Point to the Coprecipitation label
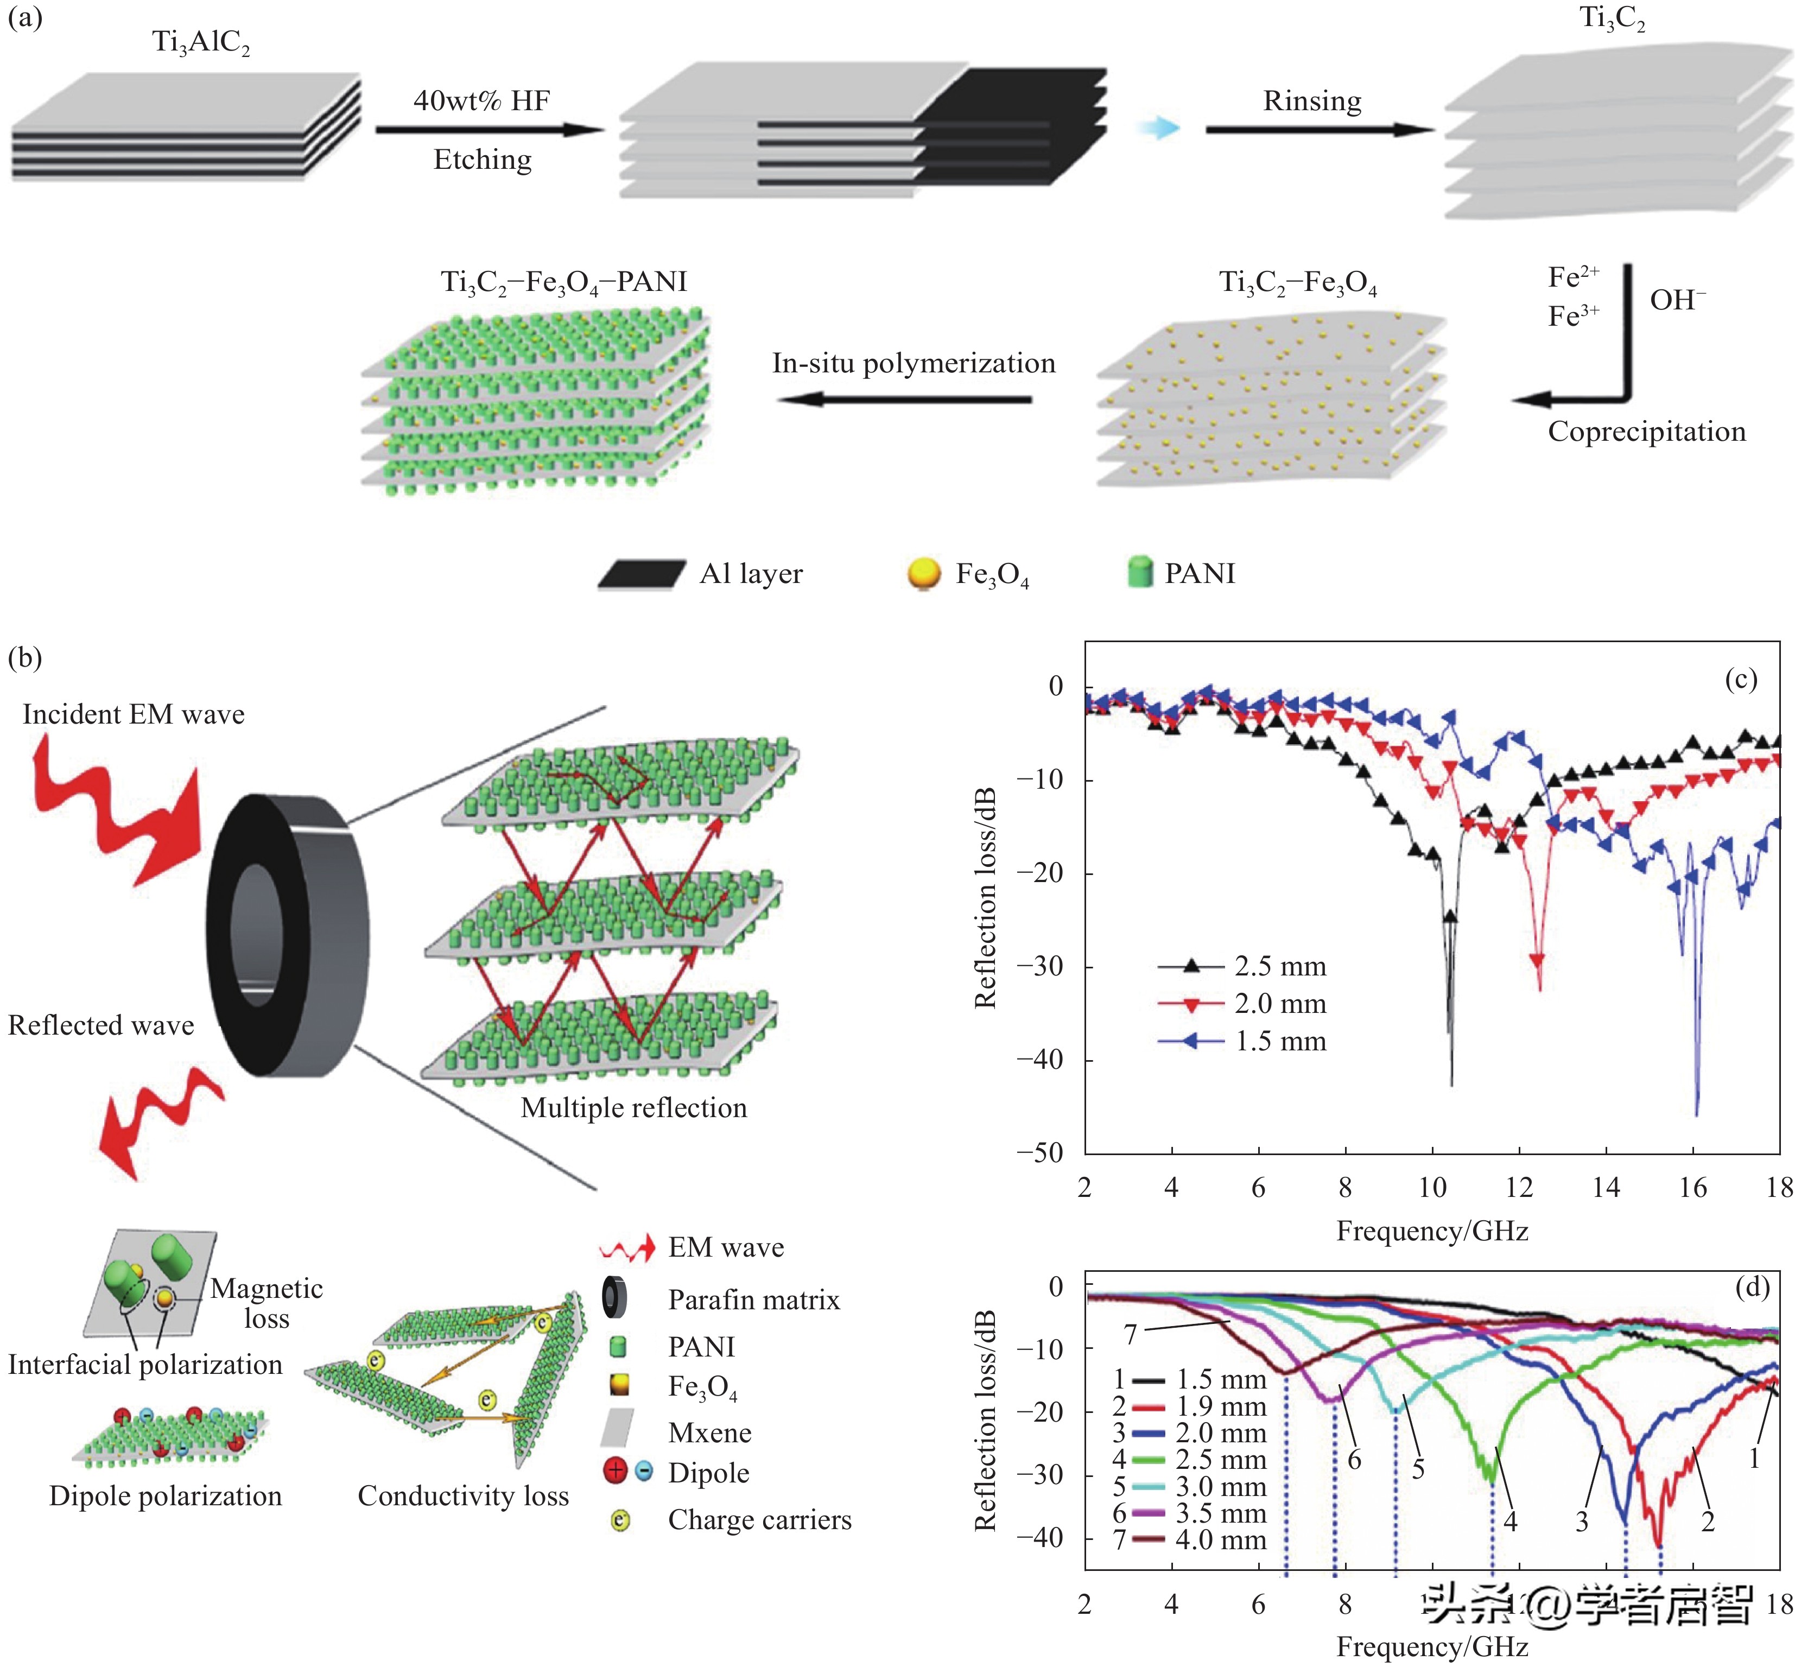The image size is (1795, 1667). [x=1646, y=431]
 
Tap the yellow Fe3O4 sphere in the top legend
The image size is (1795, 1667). [x=923, y=573]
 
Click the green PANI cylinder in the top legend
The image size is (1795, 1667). [x=1140, y=572]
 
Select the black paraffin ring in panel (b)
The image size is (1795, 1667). [x=287, y=935]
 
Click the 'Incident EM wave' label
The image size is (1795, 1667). [x=134, y=714]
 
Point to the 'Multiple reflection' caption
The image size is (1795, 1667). [x=633, y=1108]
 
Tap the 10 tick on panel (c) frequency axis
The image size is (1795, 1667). [x=1432, y=1187]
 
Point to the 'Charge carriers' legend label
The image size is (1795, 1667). [x=759, y=1520]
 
